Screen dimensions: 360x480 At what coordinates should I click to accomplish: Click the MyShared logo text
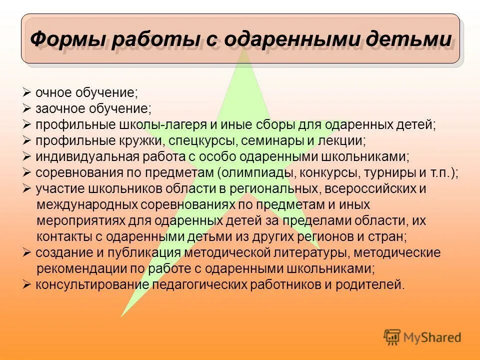coord(433,337)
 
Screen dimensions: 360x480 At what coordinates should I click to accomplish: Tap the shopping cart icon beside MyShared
coord(392,336)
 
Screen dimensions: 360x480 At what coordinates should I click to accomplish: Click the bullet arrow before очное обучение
coord(27,93)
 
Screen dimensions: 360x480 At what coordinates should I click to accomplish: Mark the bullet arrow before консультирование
coord(27,285)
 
